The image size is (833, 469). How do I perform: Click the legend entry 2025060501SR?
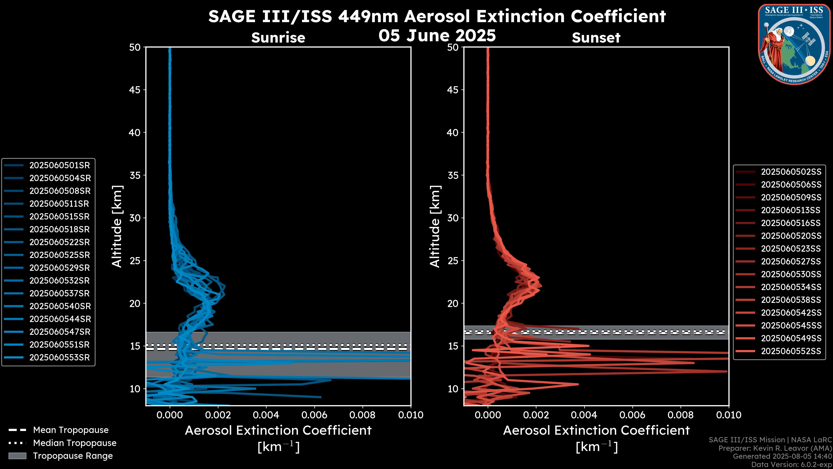59,165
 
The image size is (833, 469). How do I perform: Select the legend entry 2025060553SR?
59,358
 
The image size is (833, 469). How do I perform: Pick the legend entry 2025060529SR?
59,268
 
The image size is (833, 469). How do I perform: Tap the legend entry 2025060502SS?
791,172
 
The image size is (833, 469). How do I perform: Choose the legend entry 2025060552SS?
791,351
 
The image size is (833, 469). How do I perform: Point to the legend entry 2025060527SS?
791,261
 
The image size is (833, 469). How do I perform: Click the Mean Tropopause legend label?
71,430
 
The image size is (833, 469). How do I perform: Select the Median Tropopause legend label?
75,443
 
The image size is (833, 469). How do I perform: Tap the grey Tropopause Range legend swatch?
17,456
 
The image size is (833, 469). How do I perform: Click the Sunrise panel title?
278,38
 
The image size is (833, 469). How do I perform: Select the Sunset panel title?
596,38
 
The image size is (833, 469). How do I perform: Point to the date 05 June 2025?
437,36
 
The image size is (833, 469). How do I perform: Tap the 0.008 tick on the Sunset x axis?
681,415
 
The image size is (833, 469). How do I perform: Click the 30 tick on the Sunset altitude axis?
453,218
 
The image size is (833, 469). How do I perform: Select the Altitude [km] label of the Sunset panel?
435,226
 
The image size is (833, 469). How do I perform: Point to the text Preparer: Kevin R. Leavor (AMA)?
775,448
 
